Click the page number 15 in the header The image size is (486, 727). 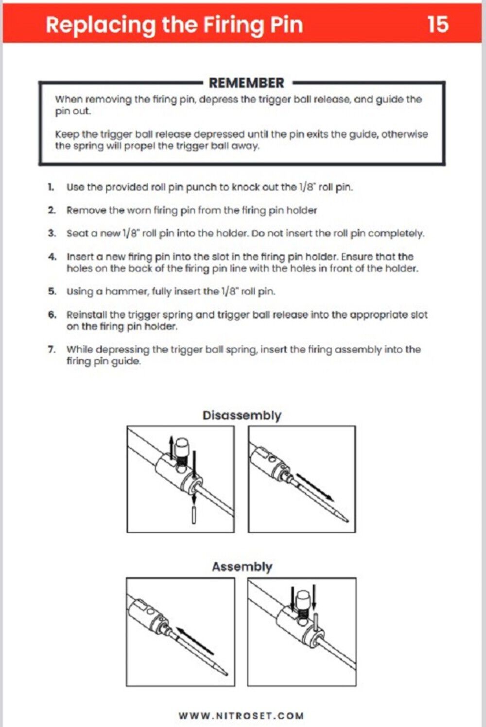(x=437, y=24)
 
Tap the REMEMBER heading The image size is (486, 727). (x=246, y=83)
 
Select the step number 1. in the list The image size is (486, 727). (x=51, y=187)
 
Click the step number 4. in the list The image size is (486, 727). (x=52, y=257)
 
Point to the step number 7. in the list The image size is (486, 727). (x=52, y=350)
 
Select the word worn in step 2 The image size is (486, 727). (x=139, y=211)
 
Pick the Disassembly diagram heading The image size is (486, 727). (x=242, y=416)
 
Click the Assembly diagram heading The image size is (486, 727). (x=242, y=567)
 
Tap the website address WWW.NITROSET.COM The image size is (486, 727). (x=241, y=716)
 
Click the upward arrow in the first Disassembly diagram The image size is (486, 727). (x=171, y=445)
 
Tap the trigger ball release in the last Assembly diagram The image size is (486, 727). (x=302, y=602)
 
